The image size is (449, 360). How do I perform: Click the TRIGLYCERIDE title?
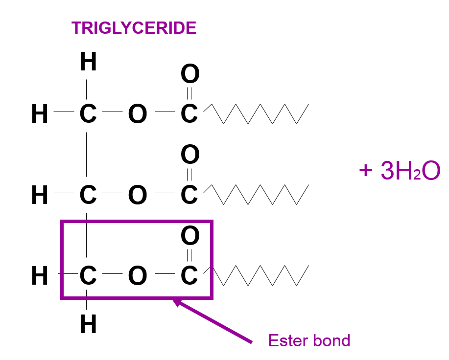(134, 28)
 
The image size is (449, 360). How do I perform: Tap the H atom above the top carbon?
(88, 63)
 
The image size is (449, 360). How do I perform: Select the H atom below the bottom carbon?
(88, 324)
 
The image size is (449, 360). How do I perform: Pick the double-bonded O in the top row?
(190, 74)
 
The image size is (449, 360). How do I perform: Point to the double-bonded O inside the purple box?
(190, 236)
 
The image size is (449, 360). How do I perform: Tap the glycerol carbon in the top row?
(88, 114)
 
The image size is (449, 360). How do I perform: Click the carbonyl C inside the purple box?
(189, 276)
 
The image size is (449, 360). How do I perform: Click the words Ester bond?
(309, 340)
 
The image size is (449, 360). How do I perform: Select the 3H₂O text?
(410, 171)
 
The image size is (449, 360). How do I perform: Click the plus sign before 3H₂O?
(365, 171)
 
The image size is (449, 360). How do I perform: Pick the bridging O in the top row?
(138, 114)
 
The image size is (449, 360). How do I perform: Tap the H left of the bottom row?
(40, 276)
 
